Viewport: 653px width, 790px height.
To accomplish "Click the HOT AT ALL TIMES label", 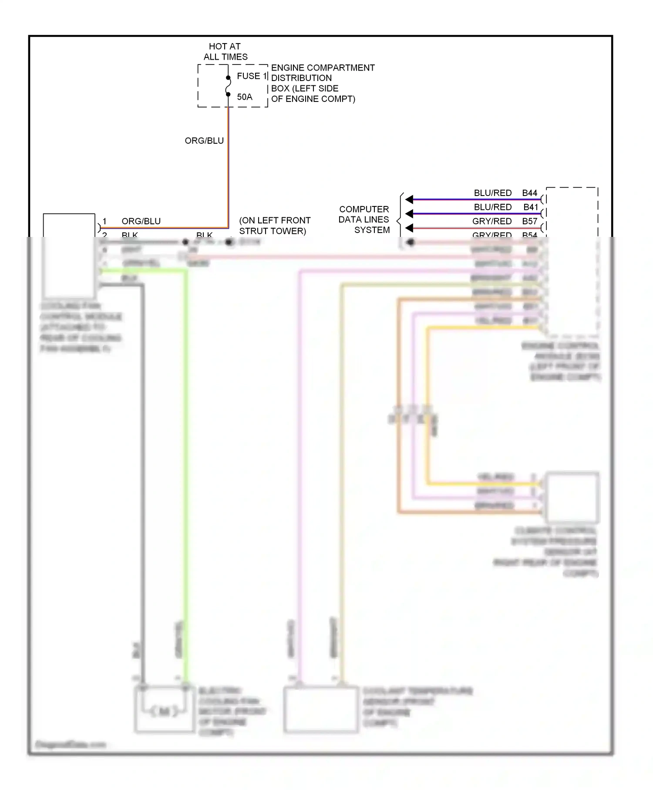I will point(225,51).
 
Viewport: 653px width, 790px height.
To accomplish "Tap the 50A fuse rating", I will point(245,97).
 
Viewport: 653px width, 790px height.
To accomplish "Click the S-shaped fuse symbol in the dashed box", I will point(228,86).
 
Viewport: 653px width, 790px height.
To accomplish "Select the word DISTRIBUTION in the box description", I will point(301,78).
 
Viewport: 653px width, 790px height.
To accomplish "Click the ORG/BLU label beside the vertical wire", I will point(204,141).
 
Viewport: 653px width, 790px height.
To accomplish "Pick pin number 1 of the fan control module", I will point(104,221).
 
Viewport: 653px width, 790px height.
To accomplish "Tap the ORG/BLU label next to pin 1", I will point(141,221).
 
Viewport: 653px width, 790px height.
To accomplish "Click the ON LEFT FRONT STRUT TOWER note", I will point(275,226).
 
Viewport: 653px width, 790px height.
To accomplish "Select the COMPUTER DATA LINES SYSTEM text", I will point(364,219).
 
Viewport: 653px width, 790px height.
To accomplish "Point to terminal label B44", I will point(530,193).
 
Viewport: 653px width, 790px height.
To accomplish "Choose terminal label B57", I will point(530,221).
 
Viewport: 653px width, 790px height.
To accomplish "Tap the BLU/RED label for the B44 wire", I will point(493,193).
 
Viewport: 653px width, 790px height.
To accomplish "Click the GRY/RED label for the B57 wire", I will point(492,221).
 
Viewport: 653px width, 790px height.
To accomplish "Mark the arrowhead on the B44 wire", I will point(409,199).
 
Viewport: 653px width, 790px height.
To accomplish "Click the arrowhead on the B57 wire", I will point(409,228).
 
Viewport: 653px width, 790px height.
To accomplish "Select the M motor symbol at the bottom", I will point(164,712).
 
